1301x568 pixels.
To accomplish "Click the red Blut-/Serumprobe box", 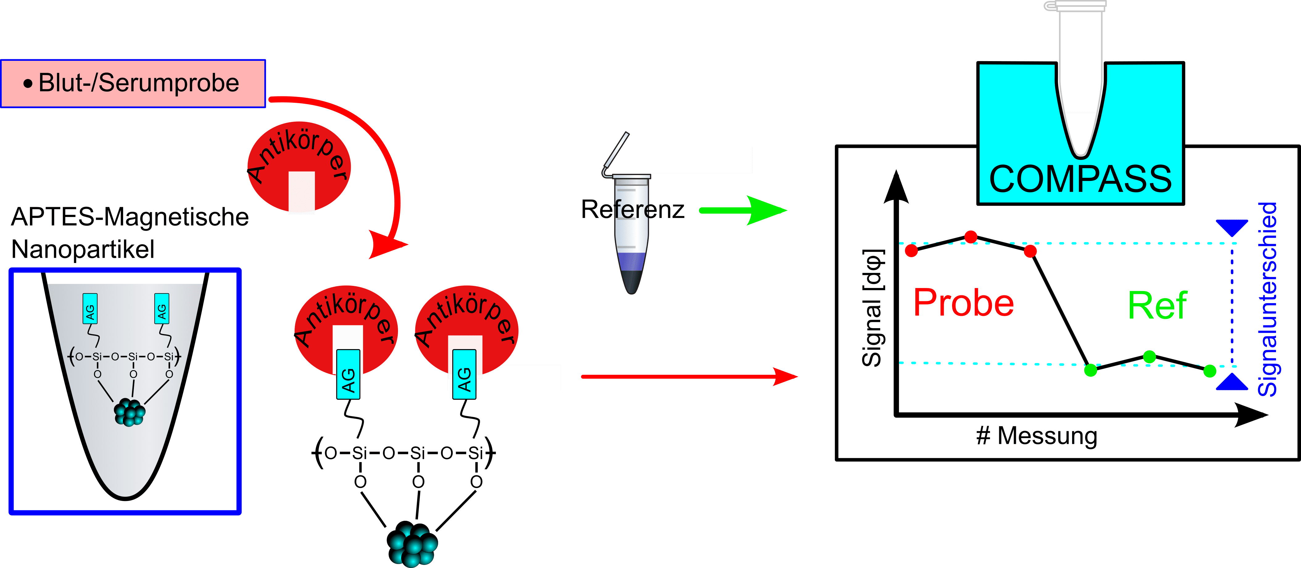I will (x=133, y=83).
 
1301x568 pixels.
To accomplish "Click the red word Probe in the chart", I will (x=963, y=303).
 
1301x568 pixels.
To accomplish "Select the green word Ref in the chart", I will (x=1157, y=306).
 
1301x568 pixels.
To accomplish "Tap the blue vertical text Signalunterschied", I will (x=1267, y=299).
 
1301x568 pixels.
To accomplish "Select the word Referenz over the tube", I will (x=632, y=209).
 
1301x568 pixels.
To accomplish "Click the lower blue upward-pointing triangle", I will (x=1232, y=382).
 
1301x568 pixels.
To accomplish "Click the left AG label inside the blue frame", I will (x=90, y=309).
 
